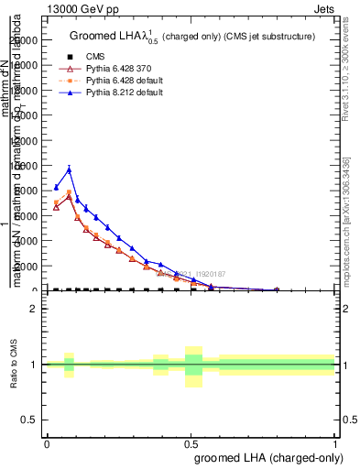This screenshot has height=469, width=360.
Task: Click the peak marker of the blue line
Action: click(69, 169)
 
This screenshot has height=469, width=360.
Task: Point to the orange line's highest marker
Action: click(69, 192)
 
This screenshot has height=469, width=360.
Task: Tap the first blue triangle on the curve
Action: click(56, 188)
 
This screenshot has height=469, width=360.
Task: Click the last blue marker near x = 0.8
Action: click(277, 289)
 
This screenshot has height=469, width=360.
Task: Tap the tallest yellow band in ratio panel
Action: click(193, 366)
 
